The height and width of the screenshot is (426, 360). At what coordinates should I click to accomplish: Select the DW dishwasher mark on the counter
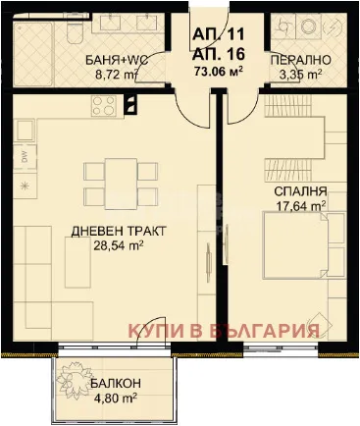(24, 155)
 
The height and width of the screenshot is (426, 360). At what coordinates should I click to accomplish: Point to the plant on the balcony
(78, 379)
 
